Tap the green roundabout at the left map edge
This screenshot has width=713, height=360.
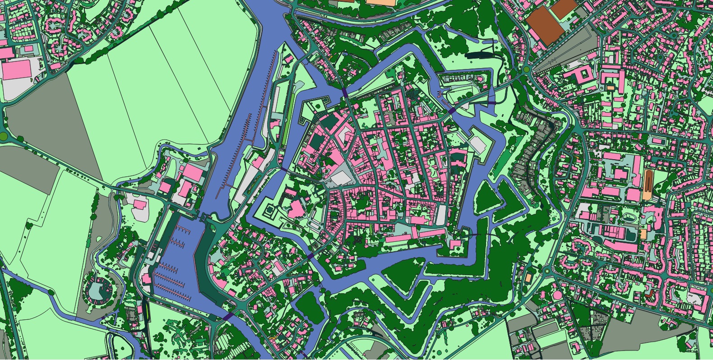pyautogui.click(x=3, y=135)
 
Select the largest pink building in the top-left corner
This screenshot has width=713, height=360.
pyautogui.click(x=17, y=70)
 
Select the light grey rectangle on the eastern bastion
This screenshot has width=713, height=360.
pyautogui.click(x=478, y=144)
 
